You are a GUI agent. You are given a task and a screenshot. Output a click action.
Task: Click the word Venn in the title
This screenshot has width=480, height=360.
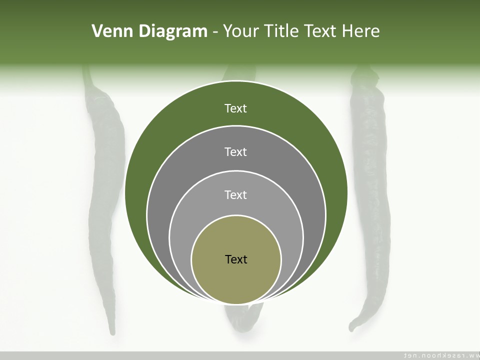(113, 31)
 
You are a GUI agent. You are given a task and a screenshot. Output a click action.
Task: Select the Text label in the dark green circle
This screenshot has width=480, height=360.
(236, 108)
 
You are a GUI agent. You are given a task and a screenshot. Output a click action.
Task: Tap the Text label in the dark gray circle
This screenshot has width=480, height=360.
(236, 151)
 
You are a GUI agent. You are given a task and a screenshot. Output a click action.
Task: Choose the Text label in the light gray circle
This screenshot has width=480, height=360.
(236, 194)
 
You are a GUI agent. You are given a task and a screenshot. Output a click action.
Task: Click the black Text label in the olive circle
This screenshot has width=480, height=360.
(236, 259)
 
